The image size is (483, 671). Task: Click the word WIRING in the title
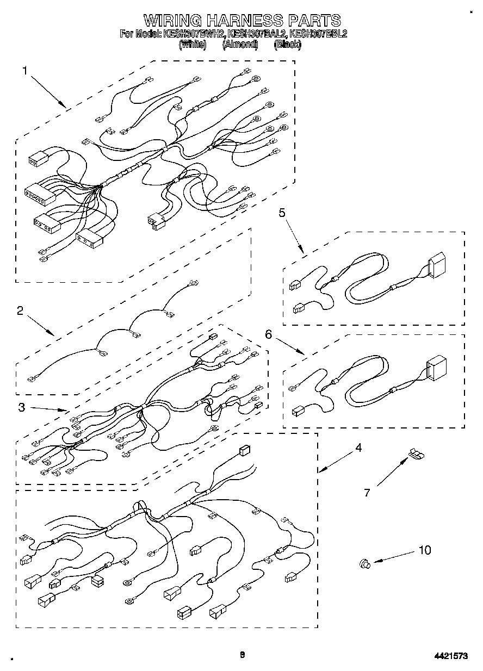172,21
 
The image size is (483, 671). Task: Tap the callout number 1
25,70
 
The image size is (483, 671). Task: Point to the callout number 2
20,310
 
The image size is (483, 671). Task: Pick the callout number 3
21,407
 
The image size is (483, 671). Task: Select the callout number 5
282,213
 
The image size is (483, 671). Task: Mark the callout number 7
367,493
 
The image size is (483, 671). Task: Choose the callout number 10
424,550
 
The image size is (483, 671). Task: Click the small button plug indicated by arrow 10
364,565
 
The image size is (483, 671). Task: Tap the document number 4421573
450,656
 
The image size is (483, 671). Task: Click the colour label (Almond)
240,45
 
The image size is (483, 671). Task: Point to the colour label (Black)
288,45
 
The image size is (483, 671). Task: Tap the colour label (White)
193,45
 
